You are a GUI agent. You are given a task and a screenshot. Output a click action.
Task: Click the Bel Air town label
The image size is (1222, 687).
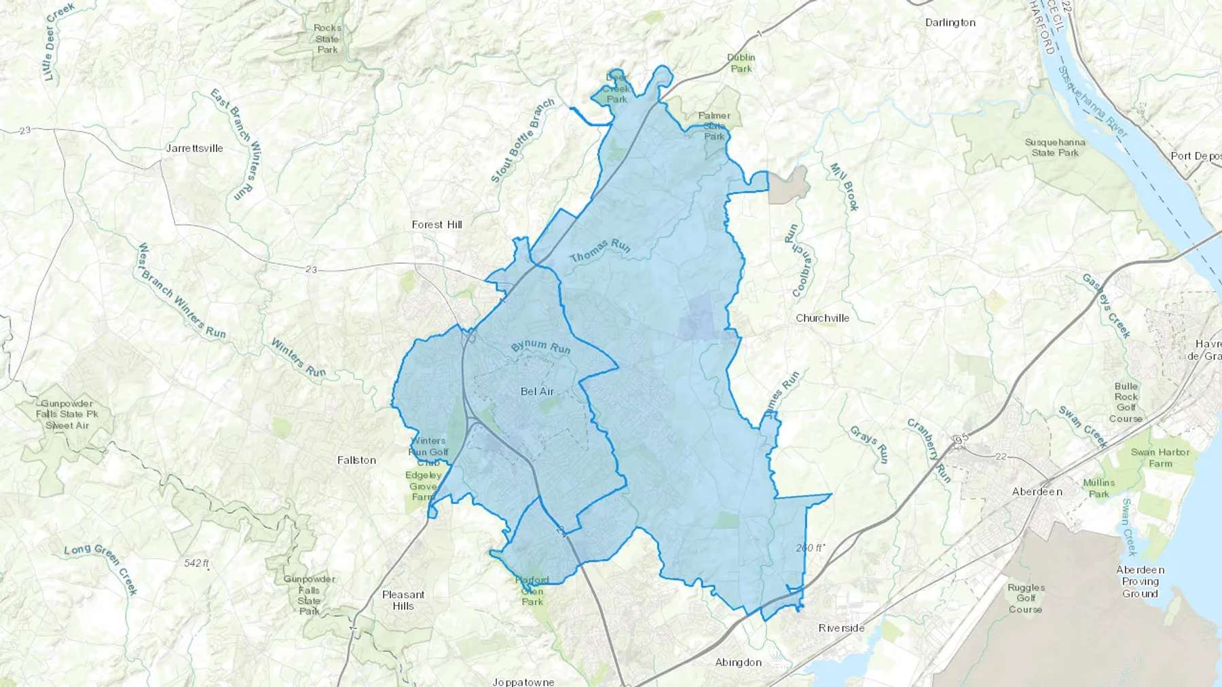point(537,391)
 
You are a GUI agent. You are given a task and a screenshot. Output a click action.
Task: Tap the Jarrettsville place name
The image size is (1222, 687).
point(195,148)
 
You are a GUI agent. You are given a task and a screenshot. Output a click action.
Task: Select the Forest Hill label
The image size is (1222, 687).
point(437,224)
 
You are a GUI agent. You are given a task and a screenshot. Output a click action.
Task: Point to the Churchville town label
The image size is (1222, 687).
point(822,318)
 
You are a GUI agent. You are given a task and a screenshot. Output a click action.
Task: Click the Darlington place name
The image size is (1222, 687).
point(950,22)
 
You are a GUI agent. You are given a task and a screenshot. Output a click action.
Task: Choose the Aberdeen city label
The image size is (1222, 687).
point(1037,491)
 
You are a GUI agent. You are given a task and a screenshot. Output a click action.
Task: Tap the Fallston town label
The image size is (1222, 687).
point(356,460)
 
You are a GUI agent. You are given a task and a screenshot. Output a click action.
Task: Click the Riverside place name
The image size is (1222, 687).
point(841,628)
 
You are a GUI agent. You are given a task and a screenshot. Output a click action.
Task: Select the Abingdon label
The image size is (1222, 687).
point(738,662)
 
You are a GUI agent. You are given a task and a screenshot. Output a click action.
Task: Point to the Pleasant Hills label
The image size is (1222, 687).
point(403,600)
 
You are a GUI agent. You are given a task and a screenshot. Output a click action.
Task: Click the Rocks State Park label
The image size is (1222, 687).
point(327,39)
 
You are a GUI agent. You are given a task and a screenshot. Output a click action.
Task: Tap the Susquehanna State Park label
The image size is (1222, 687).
point(1054,147)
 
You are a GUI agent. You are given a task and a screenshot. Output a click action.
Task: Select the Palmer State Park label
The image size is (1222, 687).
point(714,125)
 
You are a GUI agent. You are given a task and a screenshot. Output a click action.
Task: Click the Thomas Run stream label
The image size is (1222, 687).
point(599,250)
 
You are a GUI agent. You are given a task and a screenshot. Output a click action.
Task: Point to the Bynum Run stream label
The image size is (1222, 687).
point(540,347)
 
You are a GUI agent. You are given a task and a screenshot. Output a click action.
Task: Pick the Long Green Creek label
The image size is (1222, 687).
point(102,568)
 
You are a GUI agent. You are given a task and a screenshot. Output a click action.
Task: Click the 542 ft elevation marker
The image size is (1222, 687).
point(196,563)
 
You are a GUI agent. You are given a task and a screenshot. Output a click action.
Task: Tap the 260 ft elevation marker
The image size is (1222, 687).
point(810,547)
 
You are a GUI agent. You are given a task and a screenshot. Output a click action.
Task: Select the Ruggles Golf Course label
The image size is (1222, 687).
point(1025,598)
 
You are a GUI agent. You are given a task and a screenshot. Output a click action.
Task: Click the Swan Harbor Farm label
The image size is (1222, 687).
point(1160,458)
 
